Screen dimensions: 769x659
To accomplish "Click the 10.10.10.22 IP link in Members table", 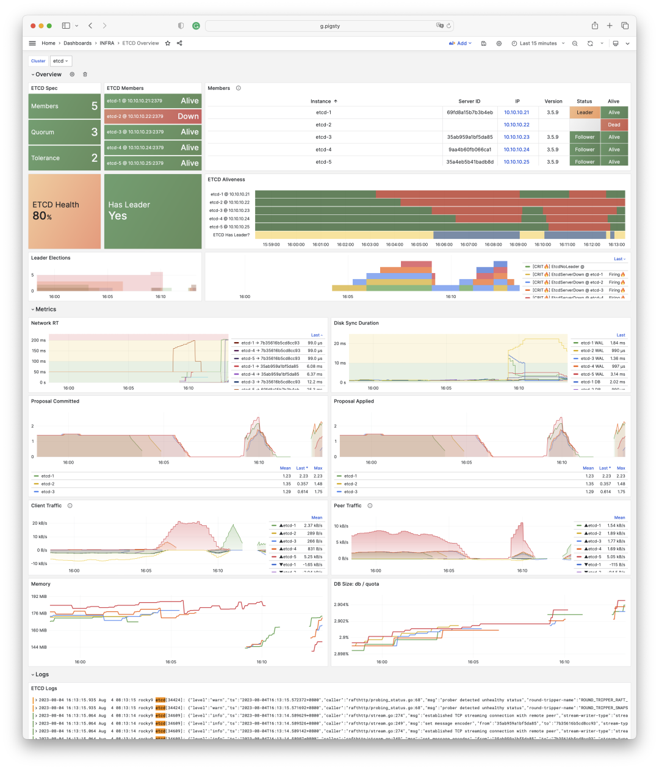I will [x=516, y=125].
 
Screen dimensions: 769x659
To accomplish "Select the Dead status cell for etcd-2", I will [x=614, y=125].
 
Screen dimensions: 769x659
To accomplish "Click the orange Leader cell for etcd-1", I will [x=585, y=112].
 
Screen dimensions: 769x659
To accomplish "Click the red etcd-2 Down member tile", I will [x=153, y=116].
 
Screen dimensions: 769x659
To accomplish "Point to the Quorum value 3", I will [x=95, y=132].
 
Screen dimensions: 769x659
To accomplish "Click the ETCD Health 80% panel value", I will [x=42, y=216].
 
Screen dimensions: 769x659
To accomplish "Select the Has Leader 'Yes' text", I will [x=118, y=216].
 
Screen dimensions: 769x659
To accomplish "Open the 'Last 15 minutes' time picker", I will [x=538, y=43].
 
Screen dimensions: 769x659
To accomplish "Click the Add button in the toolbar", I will [x=461, y=43].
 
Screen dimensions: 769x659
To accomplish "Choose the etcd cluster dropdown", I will [x=60, y=61].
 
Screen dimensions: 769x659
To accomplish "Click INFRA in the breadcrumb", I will [x=107, y=43].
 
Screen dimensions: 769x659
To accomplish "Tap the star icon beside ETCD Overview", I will [x=168, y=43].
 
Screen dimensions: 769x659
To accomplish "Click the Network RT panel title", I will [x=45, y=323].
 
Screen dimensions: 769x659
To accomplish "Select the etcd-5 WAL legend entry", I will [x=592, y=374].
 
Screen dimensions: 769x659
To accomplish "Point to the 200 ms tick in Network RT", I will [x=38, y=340].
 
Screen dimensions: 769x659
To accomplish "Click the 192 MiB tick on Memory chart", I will [x=39, y=596].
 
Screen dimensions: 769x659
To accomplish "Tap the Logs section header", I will [x=41, y=674].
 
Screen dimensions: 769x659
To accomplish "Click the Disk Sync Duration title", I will [x=356, y=323].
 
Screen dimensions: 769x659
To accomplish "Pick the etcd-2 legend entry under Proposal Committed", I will [x=48, y=484].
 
